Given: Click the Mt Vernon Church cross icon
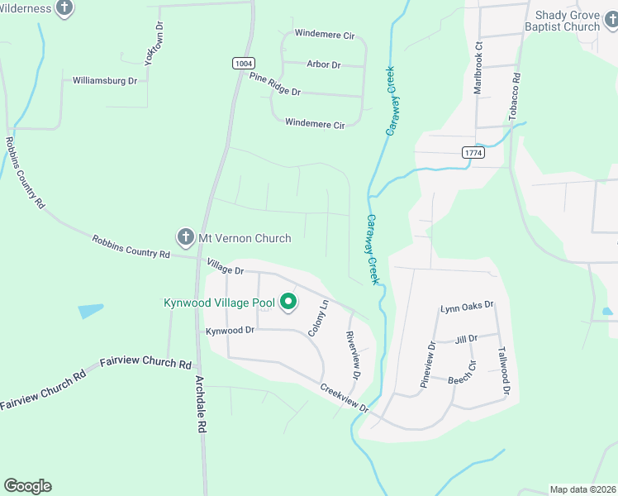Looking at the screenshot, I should (186, 238).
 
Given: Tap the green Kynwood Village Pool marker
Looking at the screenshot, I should (288, 303).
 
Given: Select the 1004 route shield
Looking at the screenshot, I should (244, 63).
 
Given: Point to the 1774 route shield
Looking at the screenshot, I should (473, 153).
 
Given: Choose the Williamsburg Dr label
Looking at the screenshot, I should (105, 81).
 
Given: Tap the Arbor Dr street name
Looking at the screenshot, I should (323, 64).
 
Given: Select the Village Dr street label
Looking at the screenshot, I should (226, 269).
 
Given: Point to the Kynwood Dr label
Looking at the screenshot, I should (229, 330).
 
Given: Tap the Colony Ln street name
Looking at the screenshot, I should (318, 317).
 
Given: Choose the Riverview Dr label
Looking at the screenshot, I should (352, 355).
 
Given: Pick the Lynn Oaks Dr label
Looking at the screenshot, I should (466, 305).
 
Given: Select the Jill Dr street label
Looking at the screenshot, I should (467, 339).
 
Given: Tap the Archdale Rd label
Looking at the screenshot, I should (200, 406).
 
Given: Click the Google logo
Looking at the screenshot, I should (27, 486).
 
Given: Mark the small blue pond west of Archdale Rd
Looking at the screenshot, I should (91, 311).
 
